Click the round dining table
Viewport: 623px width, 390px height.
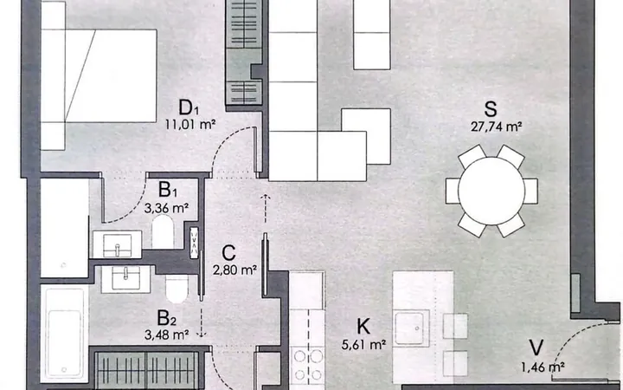click(x=491, y=191)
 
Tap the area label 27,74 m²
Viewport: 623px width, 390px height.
click(x=496, y=127)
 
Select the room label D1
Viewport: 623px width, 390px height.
click(x=189, y=107)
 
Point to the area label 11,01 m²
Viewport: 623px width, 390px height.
click(x=190, y=125)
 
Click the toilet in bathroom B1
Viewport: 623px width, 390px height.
click(x=163, y=231)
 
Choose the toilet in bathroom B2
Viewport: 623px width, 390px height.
click(x=177, y=289)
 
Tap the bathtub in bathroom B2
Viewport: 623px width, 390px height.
click(x=64, y=333)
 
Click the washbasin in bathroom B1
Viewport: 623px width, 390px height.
click(x=117, y=244)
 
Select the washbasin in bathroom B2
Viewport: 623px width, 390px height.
click(x=126, y=279)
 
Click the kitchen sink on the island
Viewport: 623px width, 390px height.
click(x=412, y=328)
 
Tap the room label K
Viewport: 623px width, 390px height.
click(x=363, y=327)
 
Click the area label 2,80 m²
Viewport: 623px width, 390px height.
click(x=234, y=270)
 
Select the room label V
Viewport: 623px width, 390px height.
click(x=536, y=348)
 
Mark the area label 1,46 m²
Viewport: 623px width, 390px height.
click(x=543, y=367)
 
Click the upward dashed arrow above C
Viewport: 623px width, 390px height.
click(x=265, y=209)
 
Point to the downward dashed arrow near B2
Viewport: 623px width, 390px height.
click(x=202, y=322)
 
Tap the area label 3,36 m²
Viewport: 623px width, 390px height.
click(x=166, y=208)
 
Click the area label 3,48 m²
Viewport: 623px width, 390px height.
click(x=166, y=335)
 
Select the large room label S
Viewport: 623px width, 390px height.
click(x=491, y=108)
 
